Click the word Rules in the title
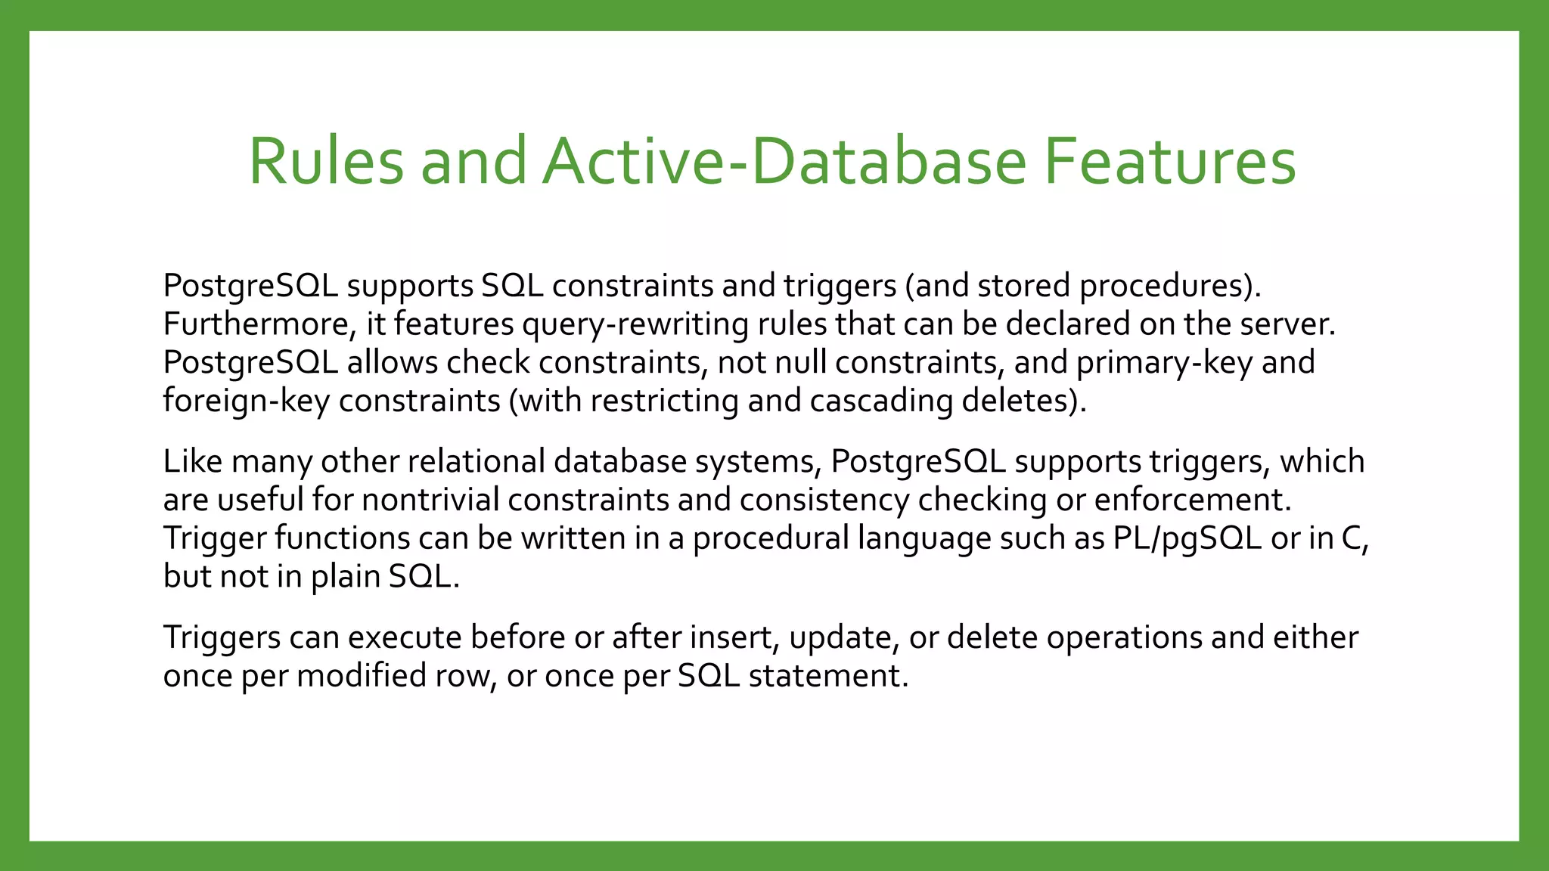(326, 161)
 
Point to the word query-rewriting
(635, 324)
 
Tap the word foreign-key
(247, 401)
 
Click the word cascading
(881, 401)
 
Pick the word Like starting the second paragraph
(193, 462)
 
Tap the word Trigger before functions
(214, 539)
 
